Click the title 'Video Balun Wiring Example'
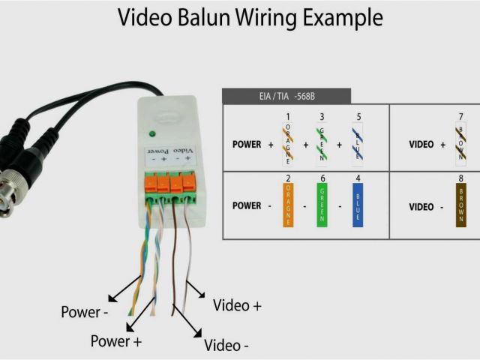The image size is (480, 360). (x=250, y=18)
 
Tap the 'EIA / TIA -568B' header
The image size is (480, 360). (x=286, y=96)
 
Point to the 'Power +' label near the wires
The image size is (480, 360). (x=116, y=341)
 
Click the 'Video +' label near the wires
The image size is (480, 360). (x=238, y=305)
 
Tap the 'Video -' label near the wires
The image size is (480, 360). (x=226, y=346)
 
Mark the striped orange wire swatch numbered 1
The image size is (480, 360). (x=288, y=145)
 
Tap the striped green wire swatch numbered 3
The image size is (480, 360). (x=322, y=145)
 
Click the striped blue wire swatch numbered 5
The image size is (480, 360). (x=358, y=145)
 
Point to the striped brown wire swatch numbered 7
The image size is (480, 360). (x=460, y=145)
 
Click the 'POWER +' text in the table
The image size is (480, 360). (x=252, y=144)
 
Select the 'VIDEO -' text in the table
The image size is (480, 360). (x=427, y=205)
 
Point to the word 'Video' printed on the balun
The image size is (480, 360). (x=184, y=151)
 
